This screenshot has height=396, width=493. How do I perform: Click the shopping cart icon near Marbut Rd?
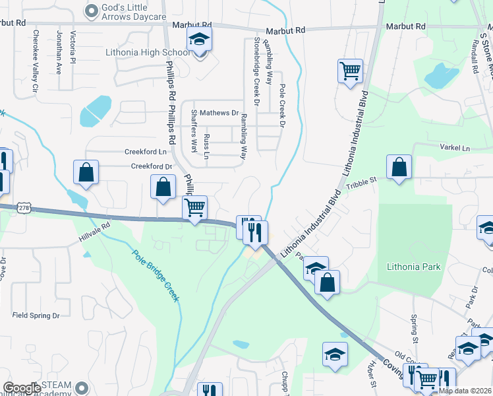pos(350,71)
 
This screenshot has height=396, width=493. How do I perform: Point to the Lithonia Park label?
pos(413,267)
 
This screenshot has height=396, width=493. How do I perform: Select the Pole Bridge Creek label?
pos(155,275)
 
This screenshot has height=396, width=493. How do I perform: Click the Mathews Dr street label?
pos(219,114)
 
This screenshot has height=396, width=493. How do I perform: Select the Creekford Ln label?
pos(145,151)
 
